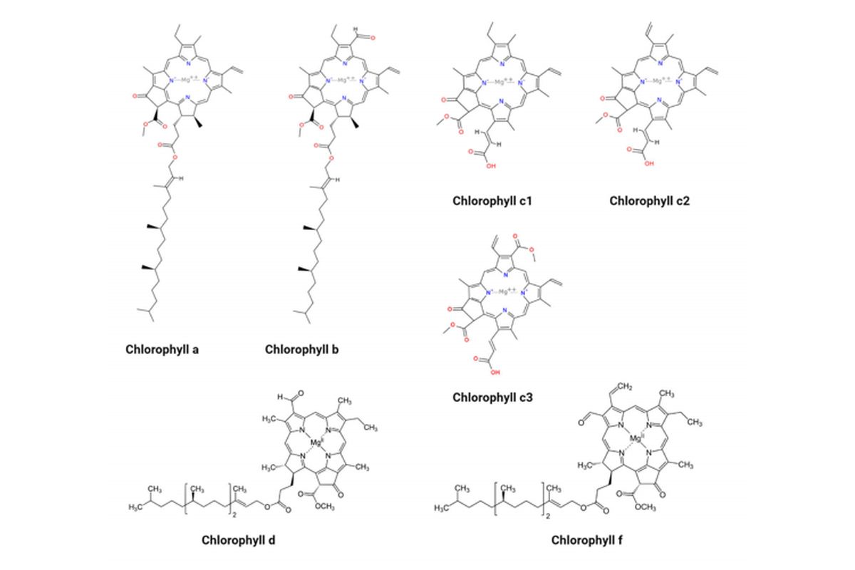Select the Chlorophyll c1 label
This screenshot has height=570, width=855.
click(x=492, y=201)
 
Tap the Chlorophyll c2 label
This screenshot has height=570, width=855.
click(x=650, y=201)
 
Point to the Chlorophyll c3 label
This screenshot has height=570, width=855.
click(x=492, y=398)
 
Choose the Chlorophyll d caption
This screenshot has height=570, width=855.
click(x=239, y=539)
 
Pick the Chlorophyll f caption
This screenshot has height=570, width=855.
click(x=589, y=539)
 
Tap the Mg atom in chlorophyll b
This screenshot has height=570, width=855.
click(x=345, y=80)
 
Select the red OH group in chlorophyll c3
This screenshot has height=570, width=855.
click(x=494, y=371)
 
